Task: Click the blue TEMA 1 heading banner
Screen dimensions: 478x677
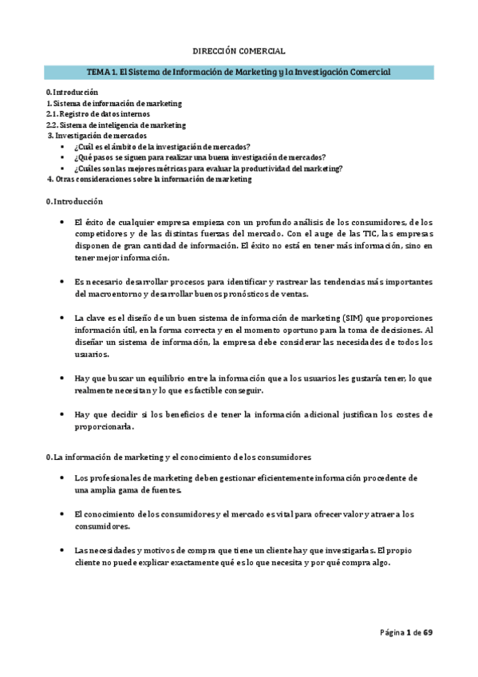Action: pyautogui.click(x=239, y=72)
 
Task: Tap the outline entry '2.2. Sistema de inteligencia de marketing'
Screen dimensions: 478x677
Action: pyautogui.click(x=116, y=125)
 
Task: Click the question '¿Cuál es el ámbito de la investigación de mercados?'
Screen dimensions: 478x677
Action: pyautogui.click(x=162, y=147)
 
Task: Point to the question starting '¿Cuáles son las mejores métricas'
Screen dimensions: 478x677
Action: pyautogui.click(x=208, y=168)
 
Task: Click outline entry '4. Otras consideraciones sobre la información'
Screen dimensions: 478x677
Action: pyautogui.click(x=149, y=179)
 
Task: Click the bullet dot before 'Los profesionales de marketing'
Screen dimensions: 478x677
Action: pyautogui.click(x=61, y=477)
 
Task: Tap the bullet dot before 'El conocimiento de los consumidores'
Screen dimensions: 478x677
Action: pyautogui.click(x=61, y=514)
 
